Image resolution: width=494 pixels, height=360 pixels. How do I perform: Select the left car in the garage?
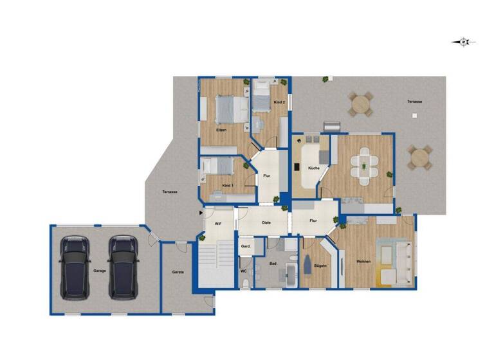(x=75, y=267)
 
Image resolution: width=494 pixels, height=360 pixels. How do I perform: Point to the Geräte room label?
(x=178, y=272)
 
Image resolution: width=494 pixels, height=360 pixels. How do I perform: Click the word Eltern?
(x=221, y=130)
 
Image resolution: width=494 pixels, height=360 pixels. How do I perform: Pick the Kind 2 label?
(x=279, y=103)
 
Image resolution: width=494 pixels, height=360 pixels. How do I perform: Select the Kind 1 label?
(x=227, y=185)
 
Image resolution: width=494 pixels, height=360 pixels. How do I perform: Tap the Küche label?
(x=314, y=168)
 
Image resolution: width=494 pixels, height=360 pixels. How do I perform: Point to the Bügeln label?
(x=320, y=265)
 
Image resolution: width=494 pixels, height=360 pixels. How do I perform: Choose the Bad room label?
(x=272, y=264)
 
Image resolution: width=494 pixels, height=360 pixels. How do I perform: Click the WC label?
(x=244, y=271)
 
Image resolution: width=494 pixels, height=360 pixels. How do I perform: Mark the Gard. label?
(x=245, y=247)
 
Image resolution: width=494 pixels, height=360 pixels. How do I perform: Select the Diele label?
(x=266, y=222)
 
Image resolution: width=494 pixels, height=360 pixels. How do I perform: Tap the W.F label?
(x=218, y=223)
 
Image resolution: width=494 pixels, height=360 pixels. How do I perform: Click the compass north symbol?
(x=463, y=42)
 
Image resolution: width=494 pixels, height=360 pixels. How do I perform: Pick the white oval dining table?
(x=365, y=166)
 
